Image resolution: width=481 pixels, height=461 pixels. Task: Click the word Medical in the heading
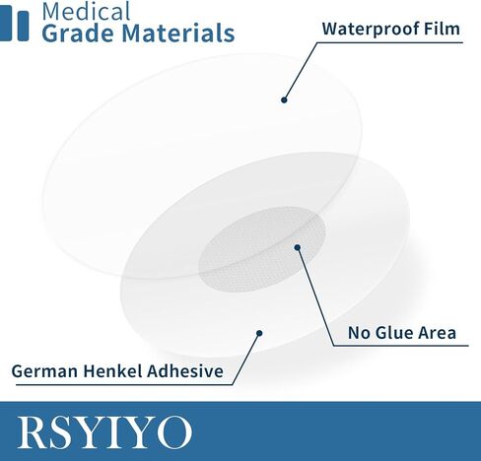pyautogui.click(x=86, y=11)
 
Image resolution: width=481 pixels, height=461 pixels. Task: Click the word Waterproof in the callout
pyautogui.click(x=370, y=30)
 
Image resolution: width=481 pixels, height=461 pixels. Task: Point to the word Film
pyautogui.click(x=442, y=29)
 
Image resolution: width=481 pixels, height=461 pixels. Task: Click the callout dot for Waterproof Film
pyautogui.click(x=284, y=99)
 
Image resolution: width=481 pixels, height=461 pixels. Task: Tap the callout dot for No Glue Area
pyautogui.click(x=298, y=247)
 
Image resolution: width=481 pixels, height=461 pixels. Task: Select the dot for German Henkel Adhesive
pyautogui.click(x=259, y=333)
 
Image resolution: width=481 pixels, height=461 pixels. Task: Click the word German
pyautogui.click(x=44, y=371)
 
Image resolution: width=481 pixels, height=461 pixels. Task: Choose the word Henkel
pyautogui.click(x=112, y=371)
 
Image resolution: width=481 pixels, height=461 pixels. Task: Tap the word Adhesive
pyautogui.click(x=185, y=371)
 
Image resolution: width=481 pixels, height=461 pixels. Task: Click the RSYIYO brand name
pyautogui.click(x=104, y=432)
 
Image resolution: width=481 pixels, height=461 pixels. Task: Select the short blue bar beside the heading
pyautogui.click(x=23, y=27)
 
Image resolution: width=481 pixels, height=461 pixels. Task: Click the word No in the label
pyautogui.click(x=359, y=333)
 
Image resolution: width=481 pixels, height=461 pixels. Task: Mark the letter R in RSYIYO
pyautogui.click(x=33, y=432)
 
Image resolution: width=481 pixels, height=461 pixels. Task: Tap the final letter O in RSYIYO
pyautogui.click(x=174, y=432)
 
